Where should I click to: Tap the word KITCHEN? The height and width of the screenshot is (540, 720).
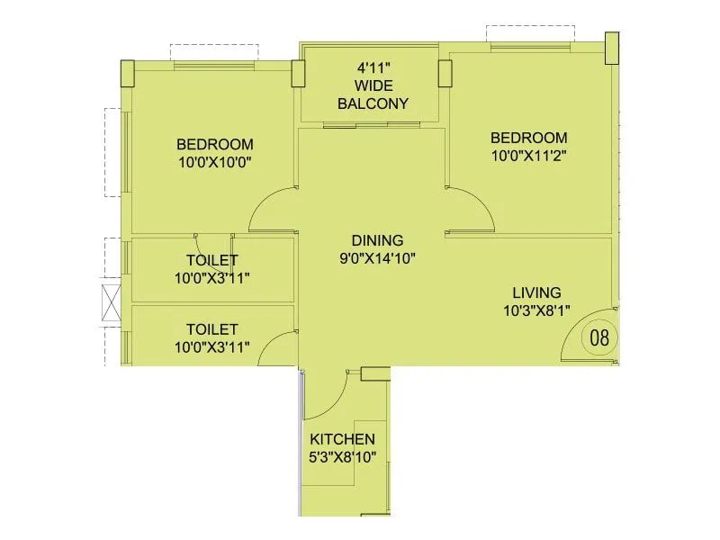(342, 439)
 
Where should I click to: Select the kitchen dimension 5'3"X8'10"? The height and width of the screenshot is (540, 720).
(342, 456)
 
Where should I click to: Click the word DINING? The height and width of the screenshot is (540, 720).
(377, 240)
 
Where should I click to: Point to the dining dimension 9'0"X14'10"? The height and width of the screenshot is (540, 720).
(377, 257)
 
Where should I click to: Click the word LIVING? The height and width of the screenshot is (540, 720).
(536, 292)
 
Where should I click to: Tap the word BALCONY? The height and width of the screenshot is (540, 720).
(373, 103)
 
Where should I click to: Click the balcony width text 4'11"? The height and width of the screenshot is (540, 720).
(373, 67)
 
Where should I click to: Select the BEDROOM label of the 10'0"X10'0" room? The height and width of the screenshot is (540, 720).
(214, 144)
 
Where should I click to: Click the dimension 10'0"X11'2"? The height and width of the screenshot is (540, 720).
(528, 155)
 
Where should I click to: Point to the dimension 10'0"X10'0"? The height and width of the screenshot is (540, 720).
(214, 162)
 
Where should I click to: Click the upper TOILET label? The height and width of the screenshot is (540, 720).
(211, 261)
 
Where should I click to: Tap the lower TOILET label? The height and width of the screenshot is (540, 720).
(211, 329)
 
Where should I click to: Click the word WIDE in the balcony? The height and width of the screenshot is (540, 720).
(373, 85)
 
